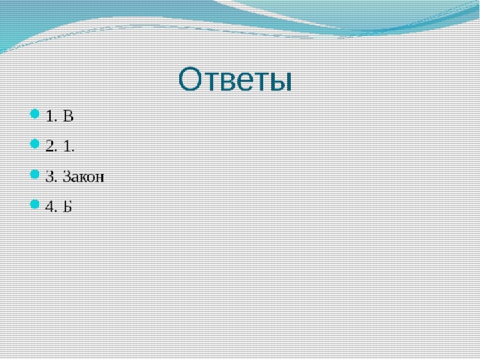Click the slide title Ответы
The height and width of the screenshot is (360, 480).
tap(235, 79)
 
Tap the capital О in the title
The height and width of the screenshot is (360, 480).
tap(191, 79)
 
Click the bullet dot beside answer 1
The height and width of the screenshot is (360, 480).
tap(35, 114)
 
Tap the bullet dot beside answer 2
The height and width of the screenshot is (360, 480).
tap(35, 143)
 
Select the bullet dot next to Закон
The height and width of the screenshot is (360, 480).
tap(35, 174)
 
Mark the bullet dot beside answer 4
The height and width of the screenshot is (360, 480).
tap(35, 204)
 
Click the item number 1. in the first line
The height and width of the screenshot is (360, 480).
tap(52, 116)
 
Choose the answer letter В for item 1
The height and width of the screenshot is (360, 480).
tap(68, 116)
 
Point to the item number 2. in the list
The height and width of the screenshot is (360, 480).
tap(52, 146)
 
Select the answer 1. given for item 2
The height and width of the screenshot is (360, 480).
tap(69, 146)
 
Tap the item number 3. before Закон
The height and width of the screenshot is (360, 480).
tap(52, 177)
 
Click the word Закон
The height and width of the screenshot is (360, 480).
tap(83, 177)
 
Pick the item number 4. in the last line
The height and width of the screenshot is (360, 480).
tap(52, 207)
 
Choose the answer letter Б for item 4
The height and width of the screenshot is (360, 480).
tap(67, 207)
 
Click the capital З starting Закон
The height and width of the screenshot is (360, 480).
tap(66, 177)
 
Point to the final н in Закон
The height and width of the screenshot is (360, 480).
tap(100, 178)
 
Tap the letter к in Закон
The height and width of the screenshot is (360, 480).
tap(83, 178)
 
